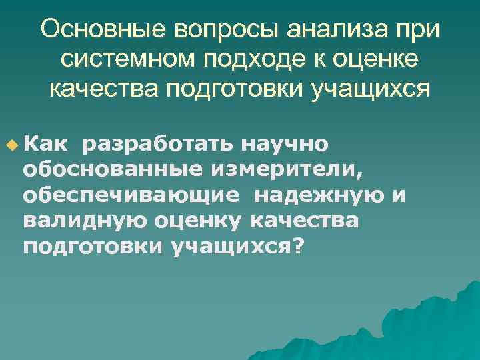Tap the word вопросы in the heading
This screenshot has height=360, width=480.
pyautogui.click(x=219, y=30)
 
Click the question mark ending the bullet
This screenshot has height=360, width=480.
pyautogui.click(x=298, y=246)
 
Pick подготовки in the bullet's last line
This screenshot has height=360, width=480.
pyautogui.click(x=92, y=246)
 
